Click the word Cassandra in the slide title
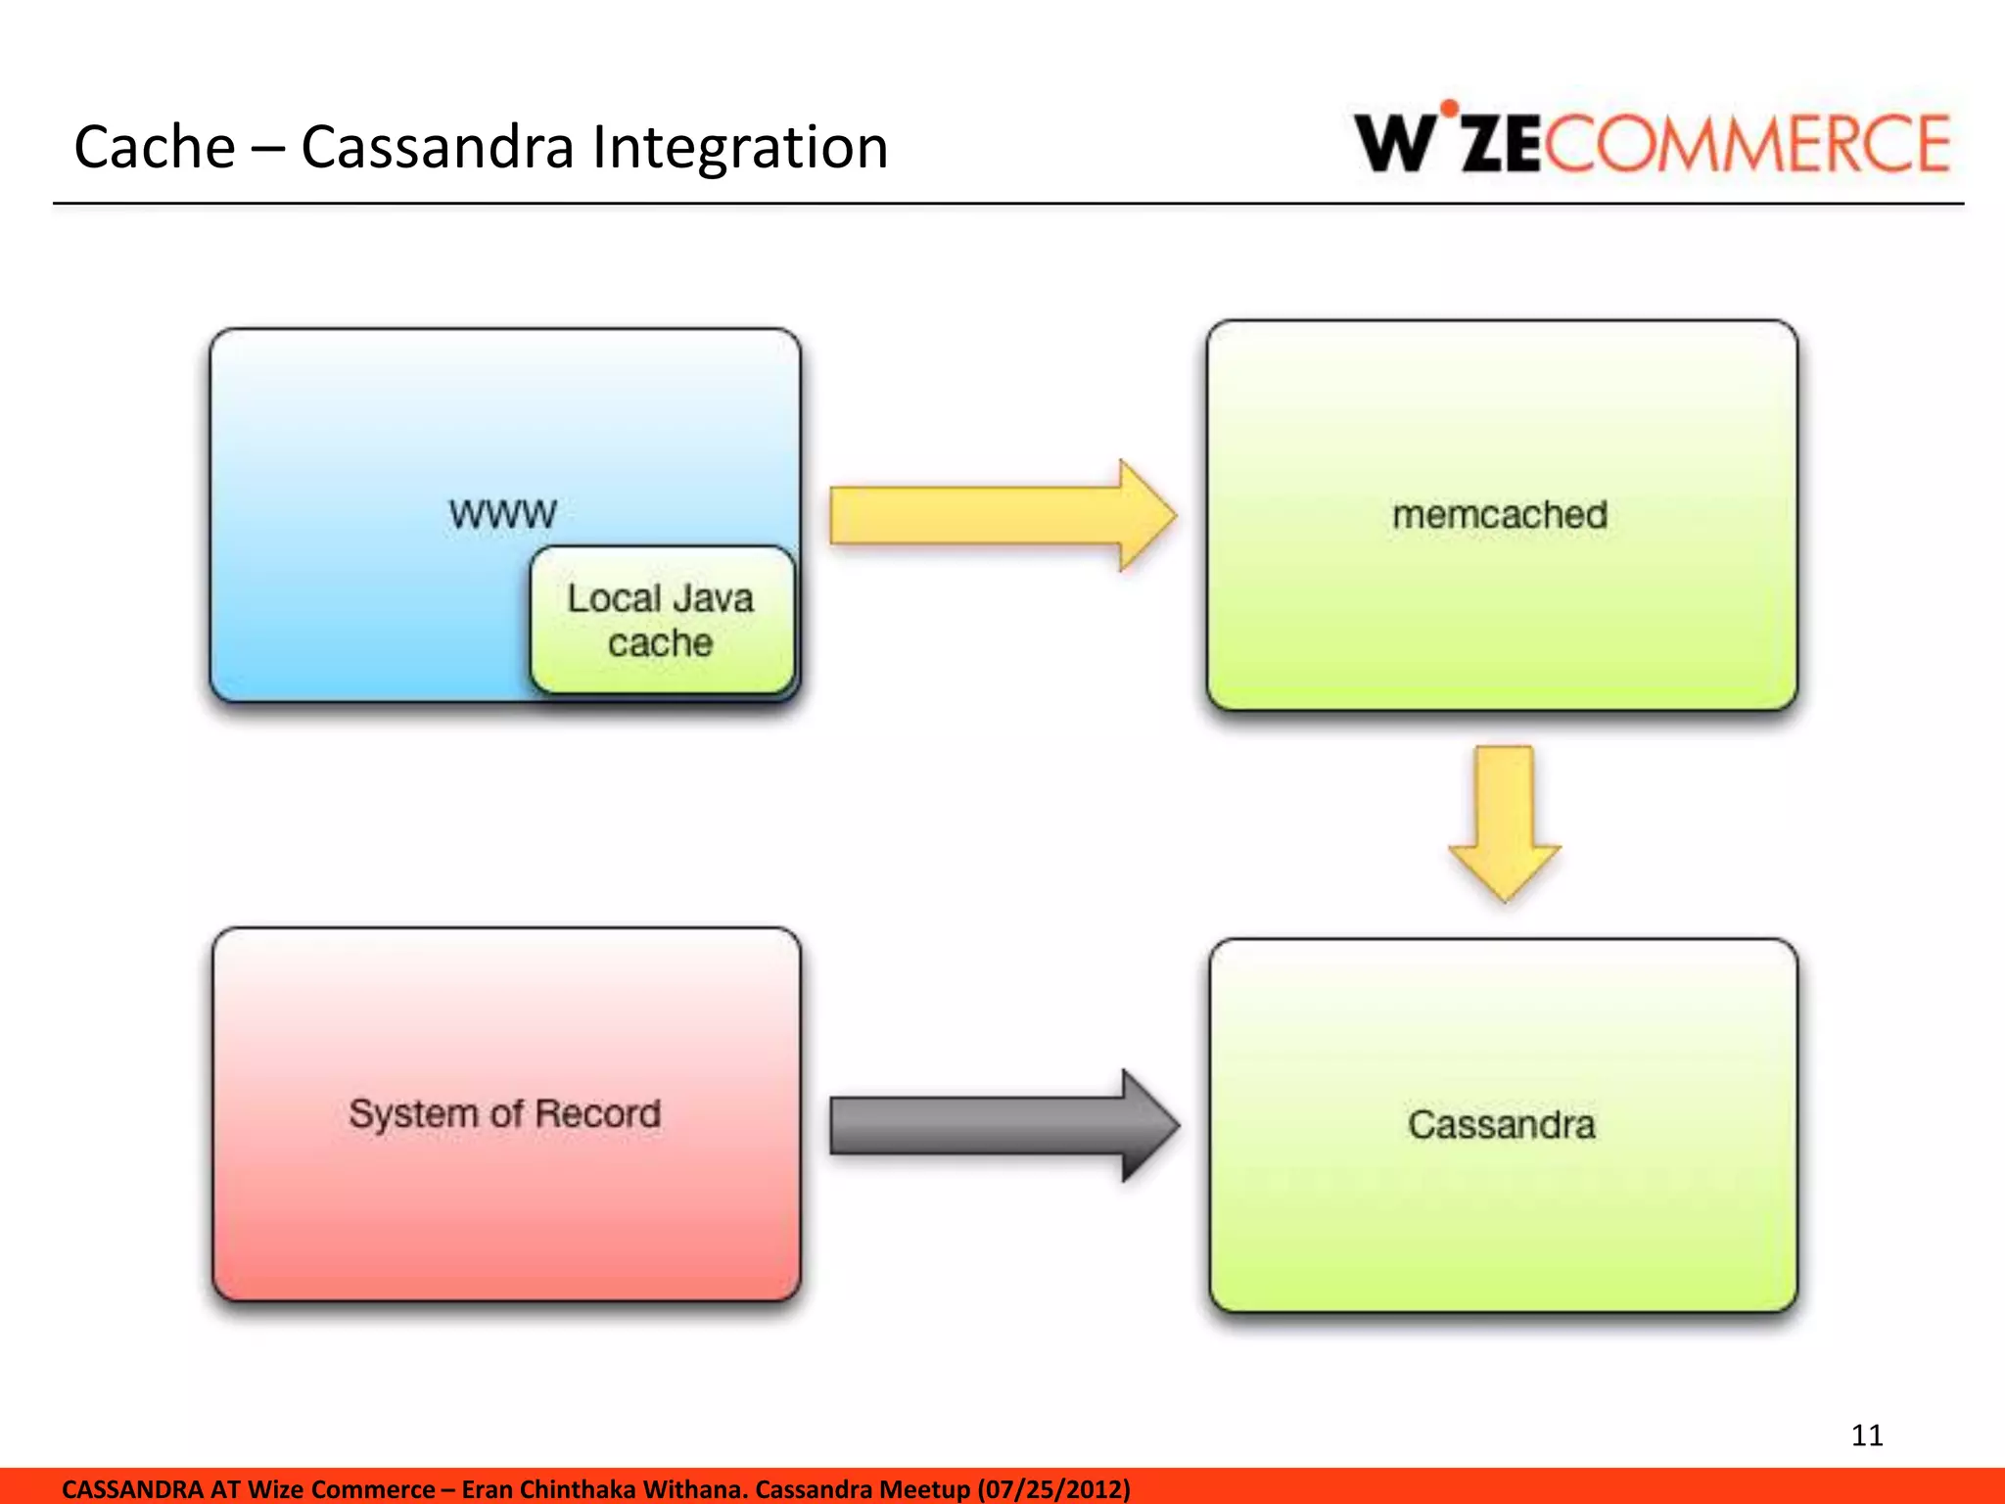tap(437, 147)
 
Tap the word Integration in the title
tap(740, 149)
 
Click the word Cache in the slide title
tap(155, 147)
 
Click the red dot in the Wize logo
tap(1449, 108)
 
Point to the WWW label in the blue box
tap(502, 513)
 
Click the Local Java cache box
tap(661, 621)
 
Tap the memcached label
tap(1500, 514)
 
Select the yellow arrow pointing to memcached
tap(1001, 515)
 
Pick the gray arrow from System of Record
tap(1002, 1126)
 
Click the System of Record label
tap(504, 1113)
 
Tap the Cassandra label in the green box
tap(1501, 1124)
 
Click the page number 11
tap(1867, 1435)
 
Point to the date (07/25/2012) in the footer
tap(1053, 1489)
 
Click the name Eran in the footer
tap(487, 1489)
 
